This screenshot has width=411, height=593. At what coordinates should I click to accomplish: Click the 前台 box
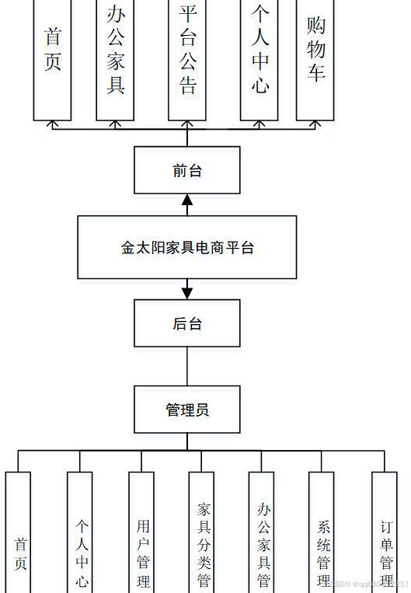[186, 170]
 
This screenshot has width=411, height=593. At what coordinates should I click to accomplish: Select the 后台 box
[186, 323]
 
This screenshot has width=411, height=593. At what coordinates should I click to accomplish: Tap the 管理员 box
[186, 410]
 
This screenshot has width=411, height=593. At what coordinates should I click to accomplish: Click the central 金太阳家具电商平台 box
[186, 247]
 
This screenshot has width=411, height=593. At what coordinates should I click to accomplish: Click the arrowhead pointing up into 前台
[186, 201]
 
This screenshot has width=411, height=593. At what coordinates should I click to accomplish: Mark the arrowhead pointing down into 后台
[186, 293]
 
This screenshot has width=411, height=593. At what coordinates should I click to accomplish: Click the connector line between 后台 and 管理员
[186, 366]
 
